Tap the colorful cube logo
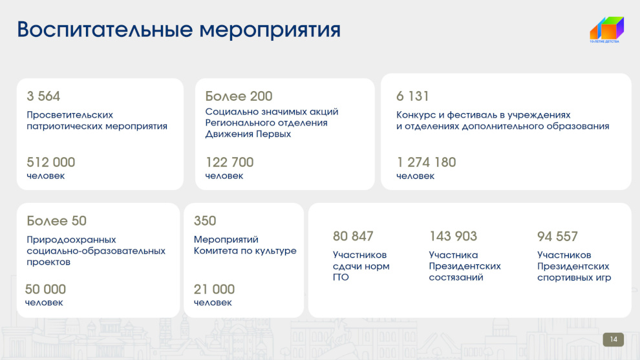point(606,28)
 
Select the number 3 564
point(43,96)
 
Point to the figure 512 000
point(51,162)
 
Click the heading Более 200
point(239,96)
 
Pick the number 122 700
point(229,162)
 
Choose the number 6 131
point(412,96)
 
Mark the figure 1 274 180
point(426,162)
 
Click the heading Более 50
point(57,221)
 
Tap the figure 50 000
point(45,290)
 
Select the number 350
point(205,221)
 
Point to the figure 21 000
point(214,290)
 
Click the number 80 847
point(353,237)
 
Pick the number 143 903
point(453,237)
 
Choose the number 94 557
point(557,237)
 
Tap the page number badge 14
point(613,339)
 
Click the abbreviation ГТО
point(341,277)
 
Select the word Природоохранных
point(71,240)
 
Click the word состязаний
point(456,277)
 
